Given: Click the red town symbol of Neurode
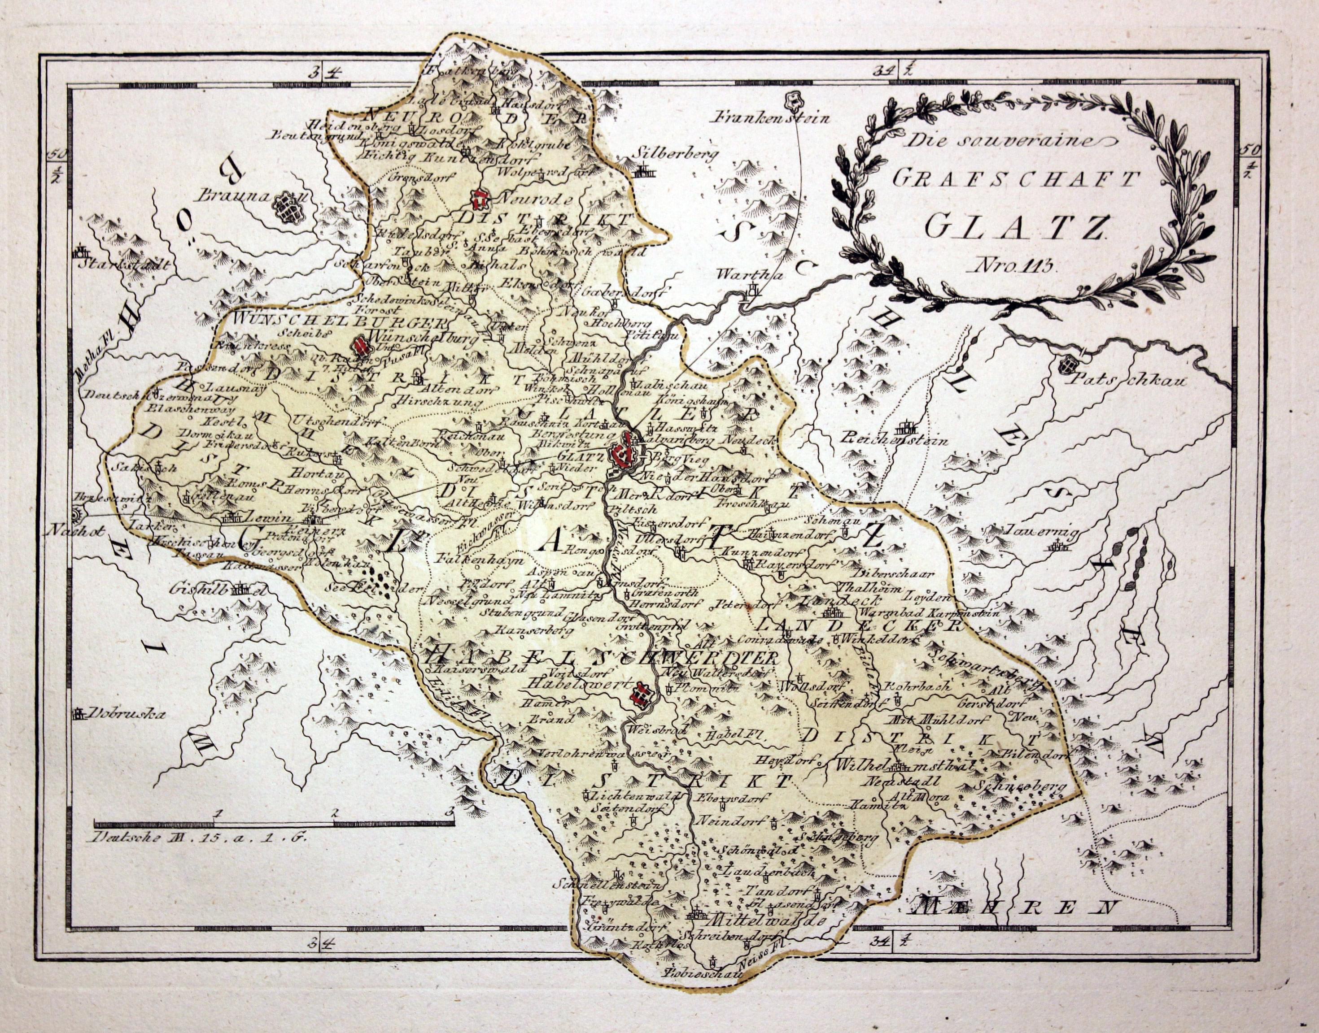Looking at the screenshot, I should point(481,198).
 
